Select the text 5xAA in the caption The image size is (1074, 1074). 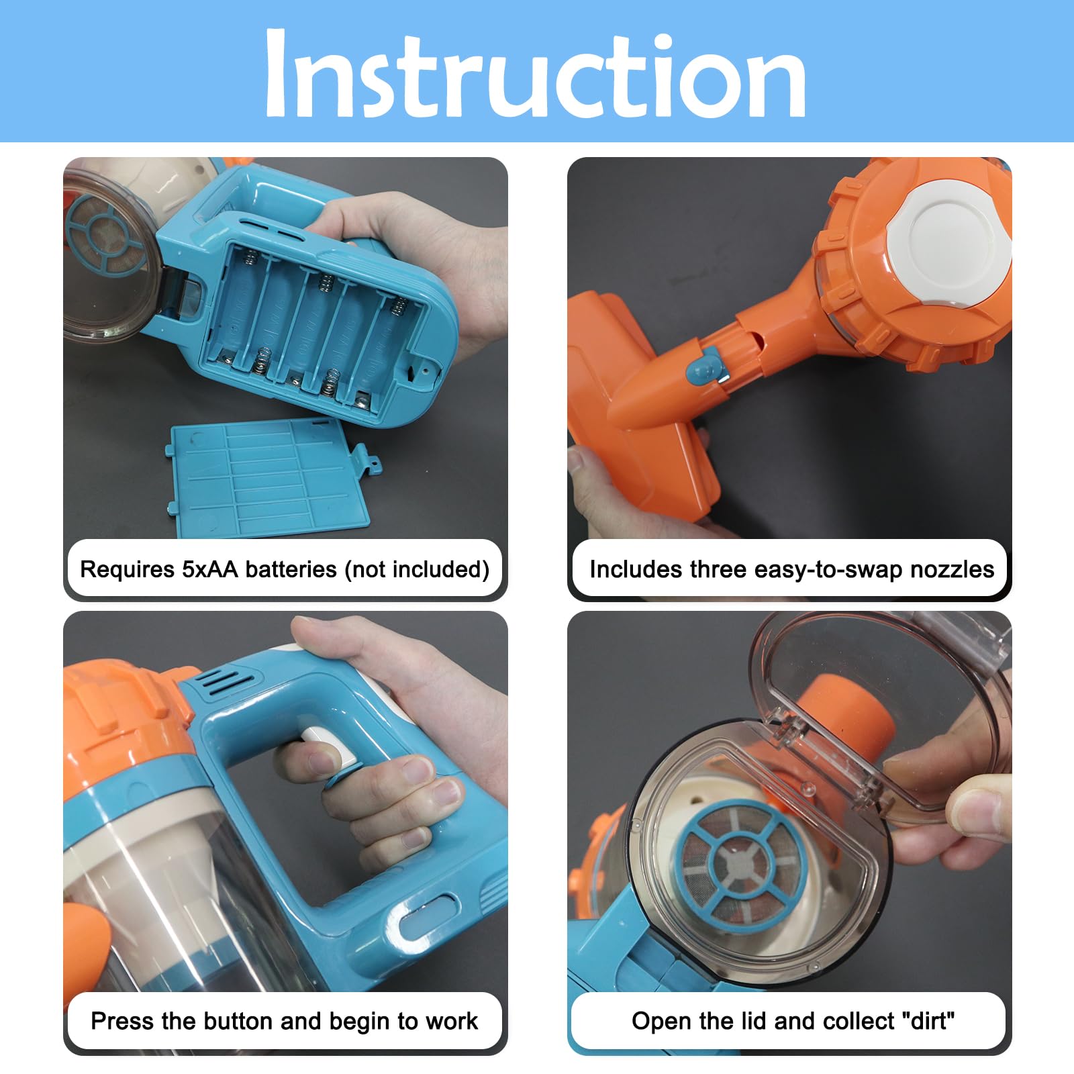(x=209, y=569)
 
